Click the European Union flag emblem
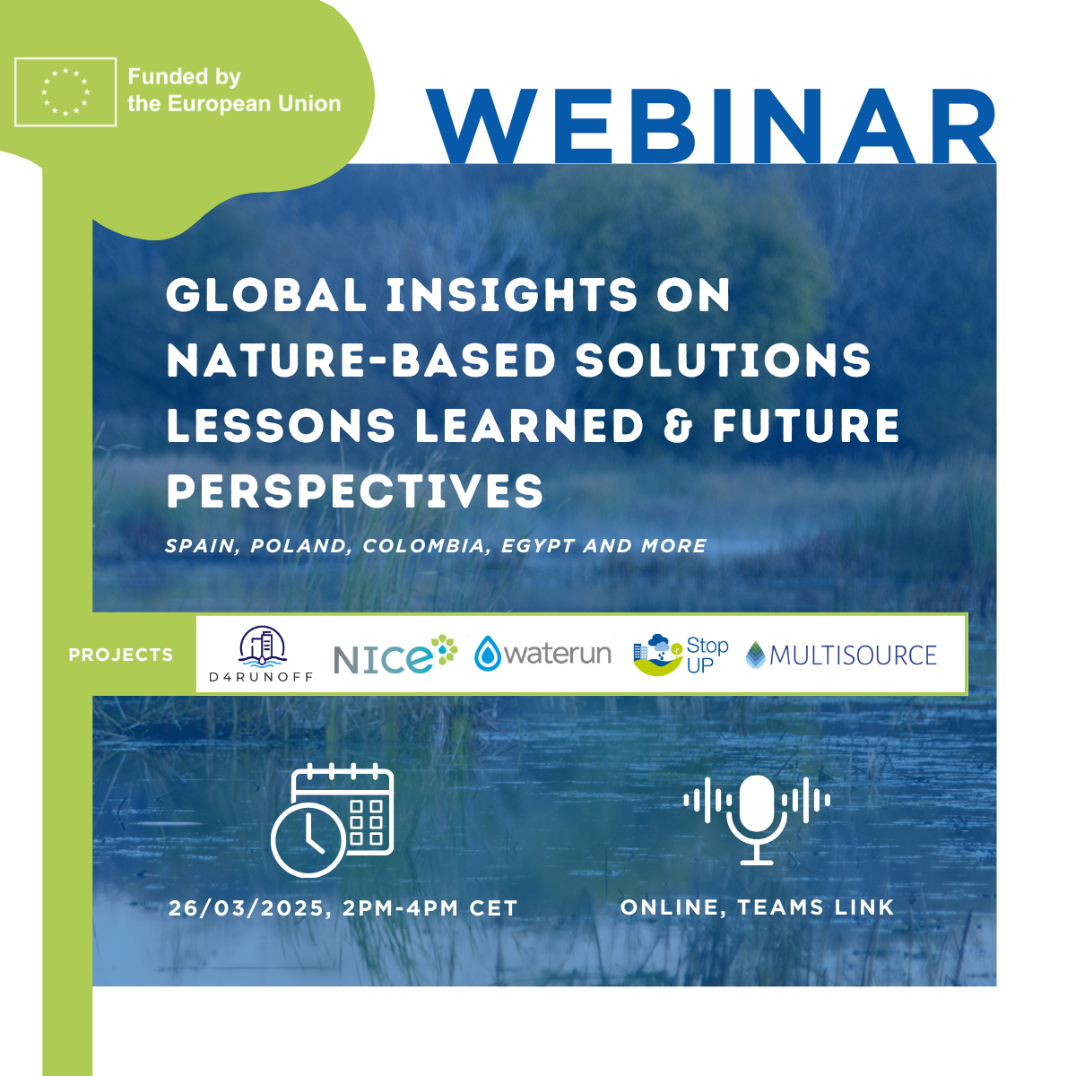(x=65, y=92)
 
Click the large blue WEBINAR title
(x=711, y=126)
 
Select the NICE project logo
(x=395, y=654)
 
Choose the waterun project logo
(x=542, y=653)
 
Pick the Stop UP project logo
(x=681, y=655)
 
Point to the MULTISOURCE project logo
(x=841, y=655)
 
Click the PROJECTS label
(x=121, y=655)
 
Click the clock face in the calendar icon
(x=308, y=840)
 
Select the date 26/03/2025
(x=247, y=908)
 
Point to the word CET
(x=493, y=908)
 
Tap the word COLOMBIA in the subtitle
(x=424, y=545)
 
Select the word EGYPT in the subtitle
(x=538, y=545)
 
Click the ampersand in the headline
(x=678, y=426)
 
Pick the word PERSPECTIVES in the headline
(x=355, y=490)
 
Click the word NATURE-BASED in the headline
(x=361, y=360)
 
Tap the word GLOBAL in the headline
(x=266, y=295)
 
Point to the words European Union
(x=254, y=104)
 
